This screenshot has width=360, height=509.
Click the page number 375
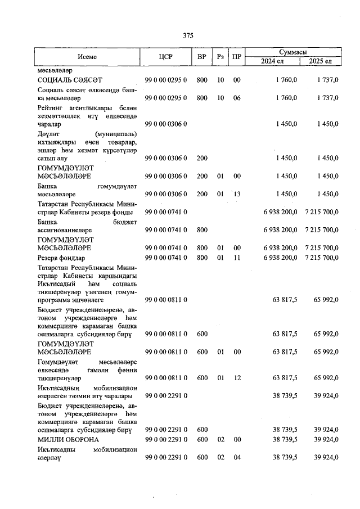coord(188,35)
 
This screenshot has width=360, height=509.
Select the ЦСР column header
coord(165,56)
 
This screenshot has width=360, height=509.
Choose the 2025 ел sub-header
coord(321,61)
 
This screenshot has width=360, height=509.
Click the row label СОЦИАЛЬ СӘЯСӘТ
coord(69,80)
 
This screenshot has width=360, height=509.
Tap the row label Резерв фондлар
coord(62,258)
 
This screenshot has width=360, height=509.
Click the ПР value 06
coord(237,98)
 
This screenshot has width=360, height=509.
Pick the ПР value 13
coord(237,194)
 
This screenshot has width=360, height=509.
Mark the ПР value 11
coord(237,258)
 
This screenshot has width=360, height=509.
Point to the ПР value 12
coord(237,379)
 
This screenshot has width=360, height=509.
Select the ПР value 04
coord(237,457)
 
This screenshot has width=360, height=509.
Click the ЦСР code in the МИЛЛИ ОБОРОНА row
coord(165,439)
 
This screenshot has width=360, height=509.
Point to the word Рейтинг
coord(50,107)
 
